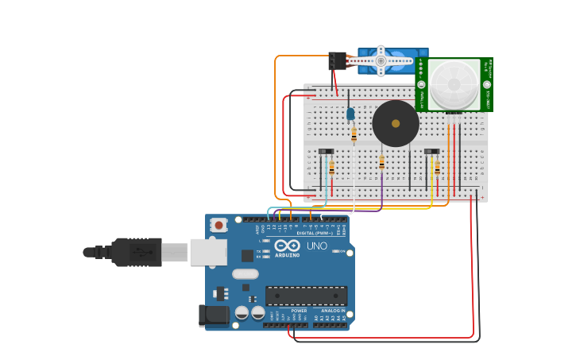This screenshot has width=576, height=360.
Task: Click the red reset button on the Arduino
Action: click(218, 226)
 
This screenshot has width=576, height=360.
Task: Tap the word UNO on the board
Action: click(316, 246)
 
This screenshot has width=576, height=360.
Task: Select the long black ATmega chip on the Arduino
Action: click(306, 296)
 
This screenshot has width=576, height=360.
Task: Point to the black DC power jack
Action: click(213, 315)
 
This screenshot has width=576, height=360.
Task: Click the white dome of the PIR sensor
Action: click(454, 82)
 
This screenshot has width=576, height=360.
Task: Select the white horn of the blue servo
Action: click(381, 60)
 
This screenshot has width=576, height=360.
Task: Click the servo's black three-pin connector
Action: click(338, 61)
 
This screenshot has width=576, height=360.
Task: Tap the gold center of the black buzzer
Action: click(396, 123)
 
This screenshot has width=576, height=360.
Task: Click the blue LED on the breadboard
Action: click(350, 114)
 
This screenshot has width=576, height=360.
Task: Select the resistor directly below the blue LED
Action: click(354, 135)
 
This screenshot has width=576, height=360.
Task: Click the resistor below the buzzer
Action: click(381, 162)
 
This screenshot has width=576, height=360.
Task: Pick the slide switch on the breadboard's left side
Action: click(326, 151)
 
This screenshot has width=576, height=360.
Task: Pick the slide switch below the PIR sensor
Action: click(431, 151)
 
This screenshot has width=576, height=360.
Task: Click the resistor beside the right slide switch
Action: click(437, 168)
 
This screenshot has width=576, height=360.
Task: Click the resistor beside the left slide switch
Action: click(331, 168)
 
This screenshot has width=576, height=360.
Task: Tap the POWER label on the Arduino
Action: click(288, 311)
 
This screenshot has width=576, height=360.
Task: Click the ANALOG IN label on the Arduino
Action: click(332, 311)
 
